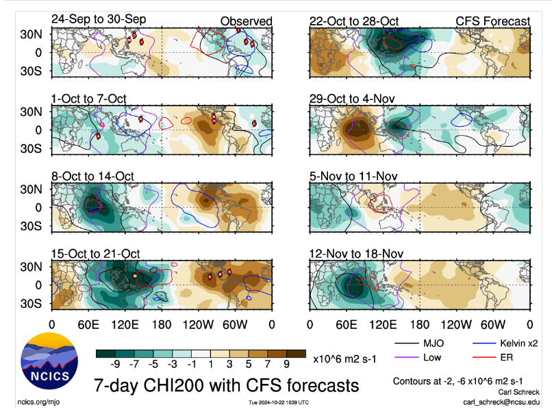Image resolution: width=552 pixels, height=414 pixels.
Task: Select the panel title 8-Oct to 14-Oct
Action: pos(93,176)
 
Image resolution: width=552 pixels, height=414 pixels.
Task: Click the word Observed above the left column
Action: pos(246,21)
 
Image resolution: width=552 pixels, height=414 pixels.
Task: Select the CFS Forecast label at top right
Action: pos(493,21)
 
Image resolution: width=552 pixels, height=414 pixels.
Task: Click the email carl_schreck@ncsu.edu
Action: pos(501,401)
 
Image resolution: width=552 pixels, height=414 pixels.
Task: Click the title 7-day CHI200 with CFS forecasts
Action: pos(226,386)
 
